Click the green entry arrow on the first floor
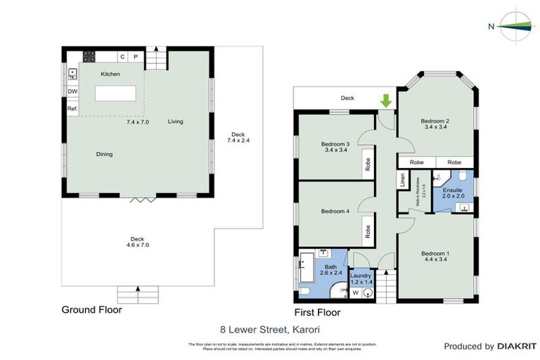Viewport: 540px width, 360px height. (385, 101)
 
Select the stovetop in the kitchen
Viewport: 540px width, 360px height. (89, 58)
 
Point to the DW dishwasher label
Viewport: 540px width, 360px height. (72, 91)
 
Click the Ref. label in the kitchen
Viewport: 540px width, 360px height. (72, 109)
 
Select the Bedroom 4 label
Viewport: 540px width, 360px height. (335, 211)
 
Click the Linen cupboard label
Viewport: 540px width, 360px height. (403, 180)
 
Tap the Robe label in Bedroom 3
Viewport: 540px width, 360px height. (367, 164)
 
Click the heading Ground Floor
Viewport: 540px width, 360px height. (91, 309)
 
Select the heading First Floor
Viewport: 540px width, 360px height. (316, 312)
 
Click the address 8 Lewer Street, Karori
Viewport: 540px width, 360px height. (270, 328)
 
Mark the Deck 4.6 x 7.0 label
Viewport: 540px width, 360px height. (134, 241)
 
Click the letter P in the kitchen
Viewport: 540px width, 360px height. (135, 57)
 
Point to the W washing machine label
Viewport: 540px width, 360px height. (354, 292)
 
